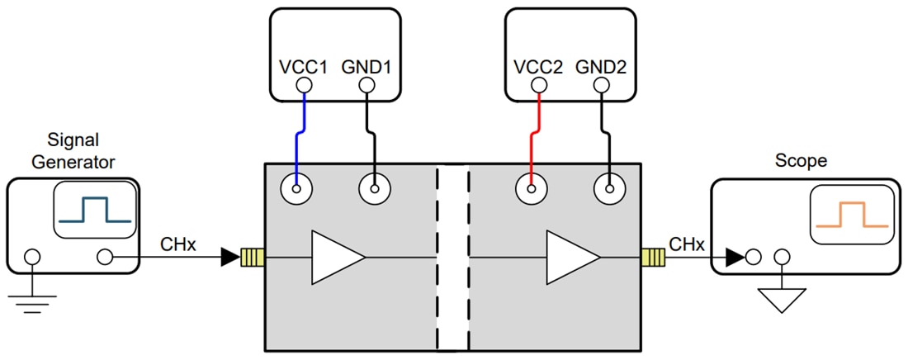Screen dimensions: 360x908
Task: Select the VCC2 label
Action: click(x=538, y=67)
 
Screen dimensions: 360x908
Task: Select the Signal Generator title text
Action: click(x=73, y=150)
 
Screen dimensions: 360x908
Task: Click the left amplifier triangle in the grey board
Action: click(x=334, y=258)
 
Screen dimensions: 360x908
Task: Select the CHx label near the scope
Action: click(x=687, y=244)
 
